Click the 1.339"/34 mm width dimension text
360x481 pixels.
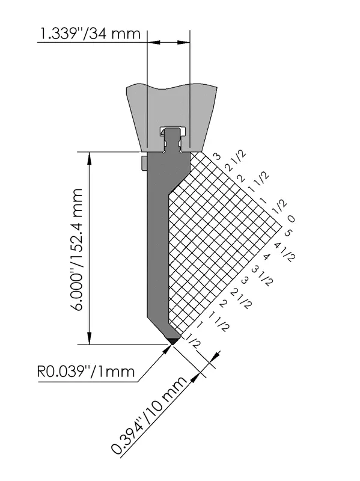pyautogui.click(x=89, y=34)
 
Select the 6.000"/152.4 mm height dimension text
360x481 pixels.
pyautogui.click(x=75, y=250)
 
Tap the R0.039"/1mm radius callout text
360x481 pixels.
pyautogui.click(x=86, y=372)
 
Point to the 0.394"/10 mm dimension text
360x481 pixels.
pyautogui.click(x=149, y=415)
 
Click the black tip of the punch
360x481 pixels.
pyautogui.click(x=172, y=341)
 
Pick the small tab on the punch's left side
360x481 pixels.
pyautogui.click(x=144, y=162)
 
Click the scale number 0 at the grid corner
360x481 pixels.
pyautogui.click(x=291, y=218)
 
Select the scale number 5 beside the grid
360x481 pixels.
pyautogui.click(x=288, y=233)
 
